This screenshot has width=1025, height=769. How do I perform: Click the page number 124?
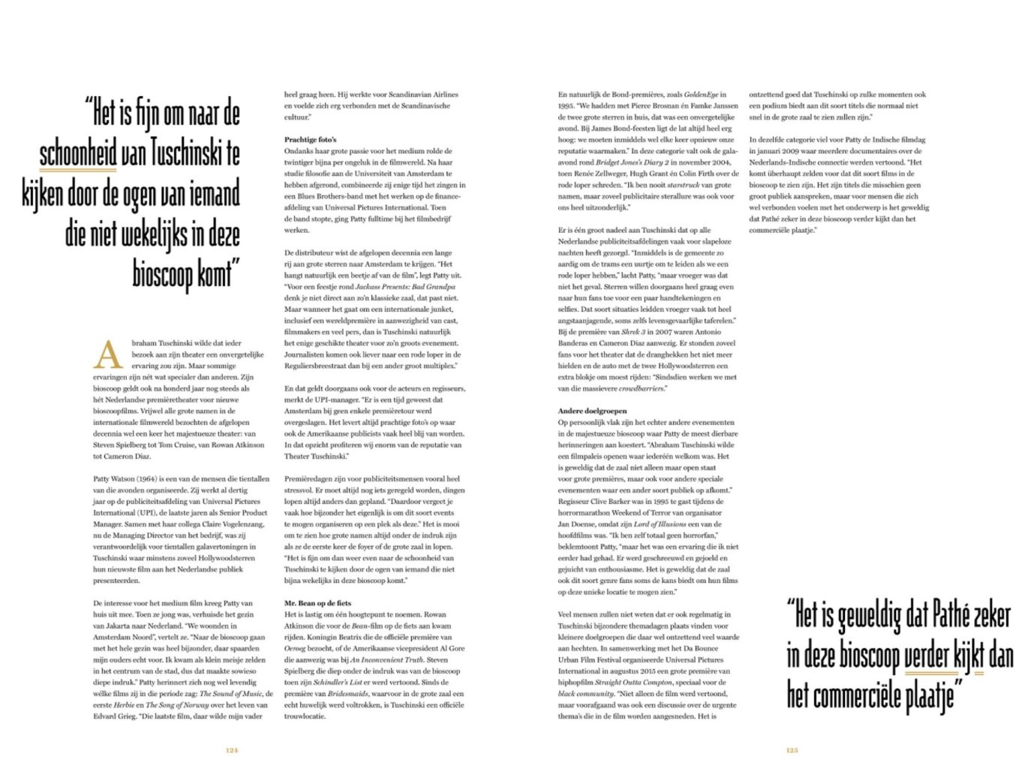(232, 749)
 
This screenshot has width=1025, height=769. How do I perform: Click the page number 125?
(792, 749)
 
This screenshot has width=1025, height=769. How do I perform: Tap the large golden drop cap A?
(107, 354)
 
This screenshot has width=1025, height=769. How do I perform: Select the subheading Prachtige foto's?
(310, 140)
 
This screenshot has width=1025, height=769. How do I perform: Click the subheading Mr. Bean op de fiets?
(317, 603)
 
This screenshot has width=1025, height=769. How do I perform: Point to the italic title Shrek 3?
(632, 332)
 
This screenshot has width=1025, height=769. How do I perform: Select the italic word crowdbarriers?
(642, 388)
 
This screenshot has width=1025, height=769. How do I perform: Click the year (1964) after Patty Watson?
(146, 479)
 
